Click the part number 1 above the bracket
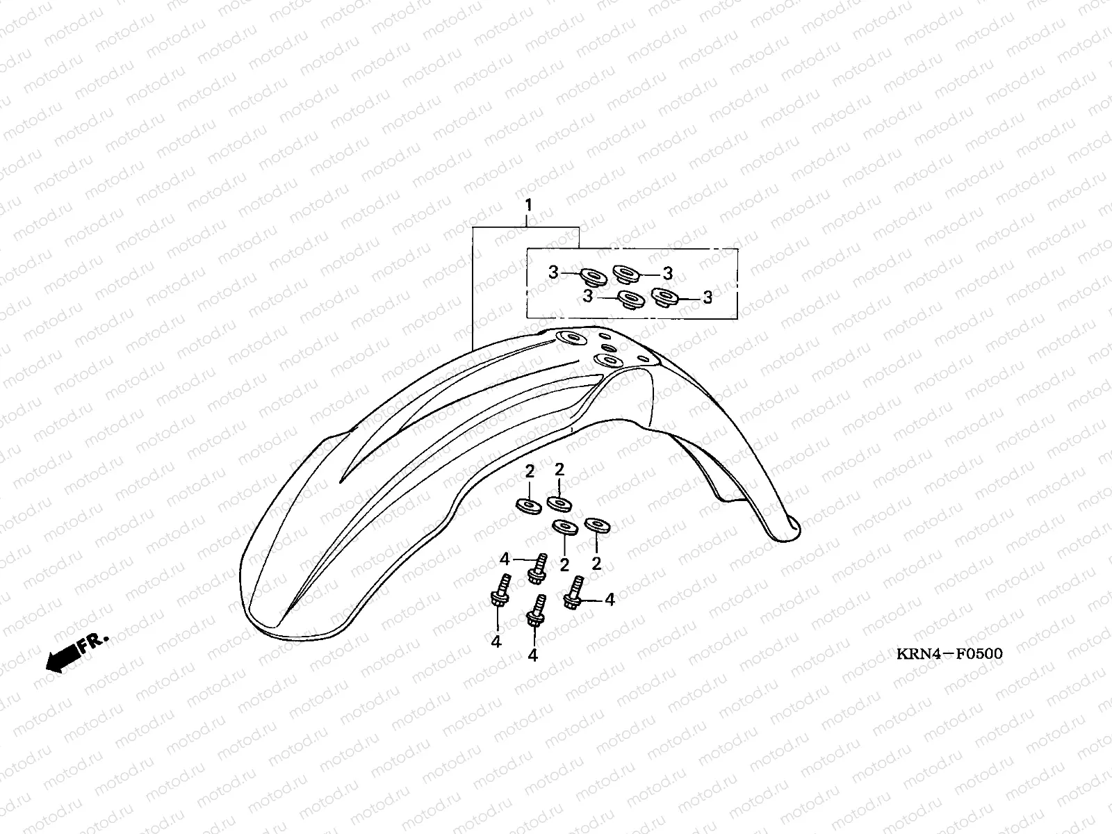(x=528, y=205)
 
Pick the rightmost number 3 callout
(x=708, y=297)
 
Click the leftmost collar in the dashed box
(x=592, y=277)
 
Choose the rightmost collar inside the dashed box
(x=664, y=297)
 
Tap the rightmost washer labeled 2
(x=596, y=525)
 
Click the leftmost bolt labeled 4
(x=499, y=591)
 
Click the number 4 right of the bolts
(x=610, y=599)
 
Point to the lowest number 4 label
(x=533, y=655)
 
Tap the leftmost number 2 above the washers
(x=530, y=472)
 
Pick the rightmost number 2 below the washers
(x=596, y=563)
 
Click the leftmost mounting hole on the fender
(x=574, y=338)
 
